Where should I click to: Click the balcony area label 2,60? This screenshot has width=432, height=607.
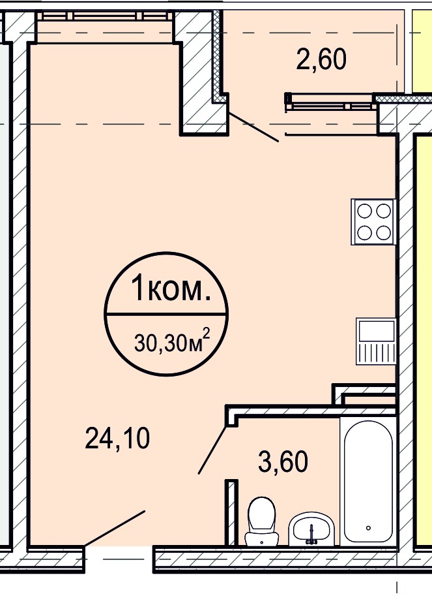[321, 59]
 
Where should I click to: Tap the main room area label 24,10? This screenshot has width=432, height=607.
[117, 438]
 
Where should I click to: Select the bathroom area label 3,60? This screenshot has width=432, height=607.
[283, 461]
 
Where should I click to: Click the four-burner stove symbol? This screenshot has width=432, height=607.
[373, 222]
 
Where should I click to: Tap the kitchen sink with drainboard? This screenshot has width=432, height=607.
[376, 341]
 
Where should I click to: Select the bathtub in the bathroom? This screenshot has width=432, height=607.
[368, 481]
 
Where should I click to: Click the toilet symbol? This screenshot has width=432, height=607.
[261, 522]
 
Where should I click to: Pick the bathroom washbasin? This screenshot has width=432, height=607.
[311, 529]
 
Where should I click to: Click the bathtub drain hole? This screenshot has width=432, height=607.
[368, 527]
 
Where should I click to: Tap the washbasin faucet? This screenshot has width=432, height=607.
[311, 535]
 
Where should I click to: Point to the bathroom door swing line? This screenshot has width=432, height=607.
[212, 450]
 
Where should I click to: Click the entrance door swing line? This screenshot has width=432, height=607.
[115, 529]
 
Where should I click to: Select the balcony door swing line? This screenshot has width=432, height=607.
[253, 127]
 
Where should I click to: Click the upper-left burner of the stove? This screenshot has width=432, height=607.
[364, 211]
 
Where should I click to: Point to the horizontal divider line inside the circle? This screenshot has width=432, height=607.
[166, 314]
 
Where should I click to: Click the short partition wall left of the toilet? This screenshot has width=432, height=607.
[231, 512]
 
